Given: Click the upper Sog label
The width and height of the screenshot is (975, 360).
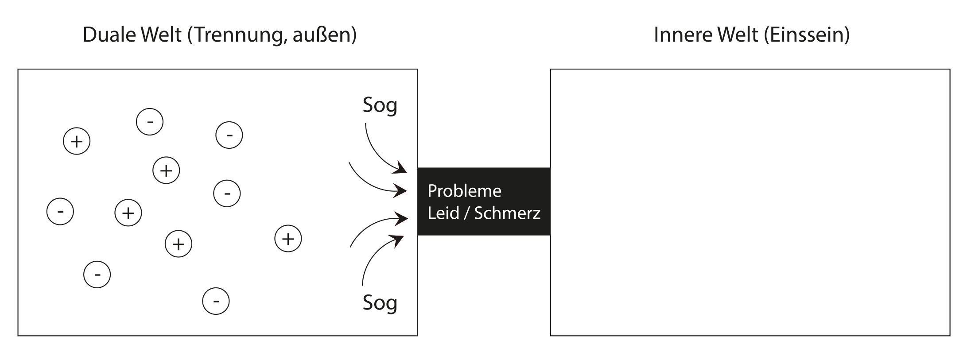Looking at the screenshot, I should pos(380,105).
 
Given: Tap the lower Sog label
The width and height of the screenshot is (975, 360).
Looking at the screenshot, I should pos(380,303).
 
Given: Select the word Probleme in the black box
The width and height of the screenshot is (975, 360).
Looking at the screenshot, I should pos(464,191).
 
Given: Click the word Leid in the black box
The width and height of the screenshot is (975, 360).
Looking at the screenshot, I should pos(443,213).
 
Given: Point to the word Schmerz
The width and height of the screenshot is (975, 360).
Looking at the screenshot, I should pos(507,213).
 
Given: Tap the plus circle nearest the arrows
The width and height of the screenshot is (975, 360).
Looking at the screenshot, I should pos(288,239).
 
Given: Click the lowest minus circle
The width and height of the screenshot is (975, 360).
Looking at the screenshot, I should pos(216,302).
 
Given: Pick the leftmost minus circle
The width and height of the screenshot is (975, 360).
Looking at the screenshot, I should pos(60,212).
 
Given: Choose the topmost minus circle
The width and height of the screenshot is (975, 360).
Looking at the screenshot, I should pos(150,122).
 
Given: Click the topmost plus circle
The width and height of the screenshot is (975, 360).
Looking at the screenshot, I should pos(77,141).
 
